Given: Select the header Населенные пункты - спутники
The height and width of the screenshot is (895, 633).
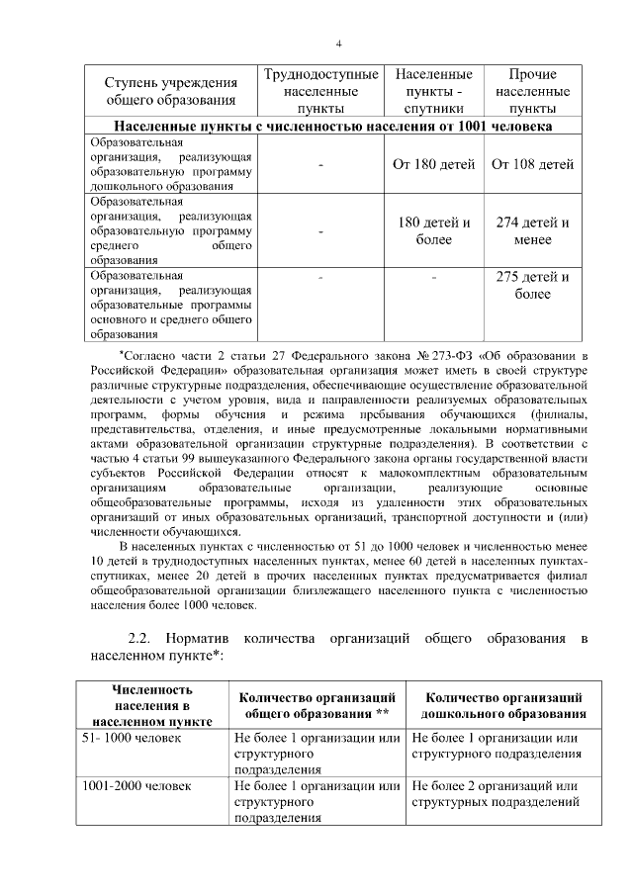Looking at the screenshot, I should tap(433, 91).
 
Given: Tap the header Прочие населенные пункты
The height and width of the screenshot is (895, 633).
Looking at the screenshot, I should tap(532, 91).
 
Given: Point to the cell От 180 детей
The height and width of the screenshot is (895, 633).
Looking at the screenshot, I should tap(433, 164).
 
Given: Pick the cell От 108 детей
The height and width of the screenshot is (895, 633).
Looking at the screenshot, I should tap(532, 164).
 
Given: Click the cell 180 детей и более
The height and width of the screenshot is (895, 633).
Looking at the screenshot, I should tap(433, 230).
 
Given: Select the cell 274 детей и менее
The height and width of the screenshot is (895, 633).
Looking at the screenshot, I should tap(532, 230).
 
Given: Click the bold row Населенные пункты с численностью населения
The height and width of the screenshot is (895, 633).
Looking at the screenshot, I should tap(332, 127).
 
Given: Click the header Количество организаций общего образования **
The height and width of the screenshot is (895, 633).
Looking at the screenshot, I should tap(318, 705).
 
